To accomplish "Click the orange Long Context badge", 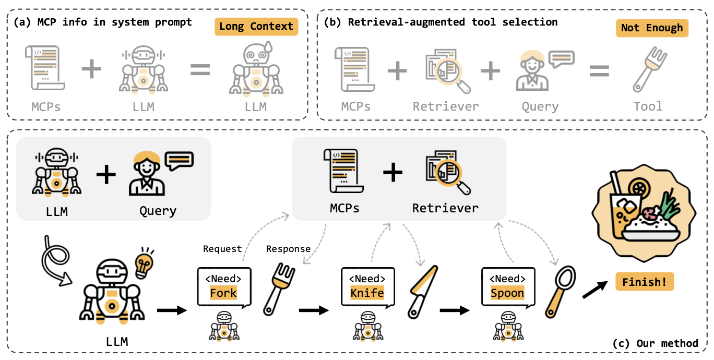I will click(x=256, y=26).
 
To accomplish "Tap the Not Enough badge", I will click(x=652, y=28).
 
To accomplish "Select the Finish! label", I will click(x=645, y=282).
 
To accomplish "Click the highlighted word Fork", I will click(x=223, y=293).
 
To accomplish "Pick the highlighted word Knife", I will click(x=367, y=293).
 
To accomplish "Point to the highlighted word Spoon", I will click(x=507, y=293).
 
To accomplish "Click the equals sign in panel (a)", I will click(x=199, y=70).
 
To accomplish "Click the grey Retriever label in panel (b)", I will click(x=445, y=106).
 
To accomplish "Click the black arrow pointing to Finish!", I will click(x=594, y=289).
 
